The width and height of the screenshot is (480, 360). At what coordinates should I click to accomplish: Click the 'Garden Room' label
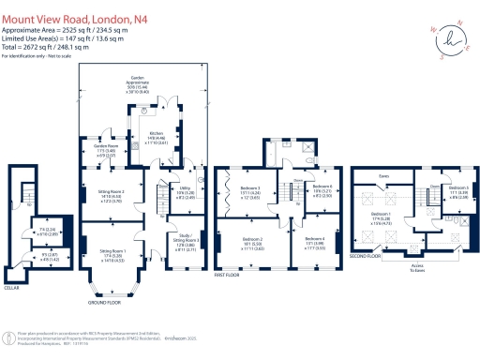click(102, 147)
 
